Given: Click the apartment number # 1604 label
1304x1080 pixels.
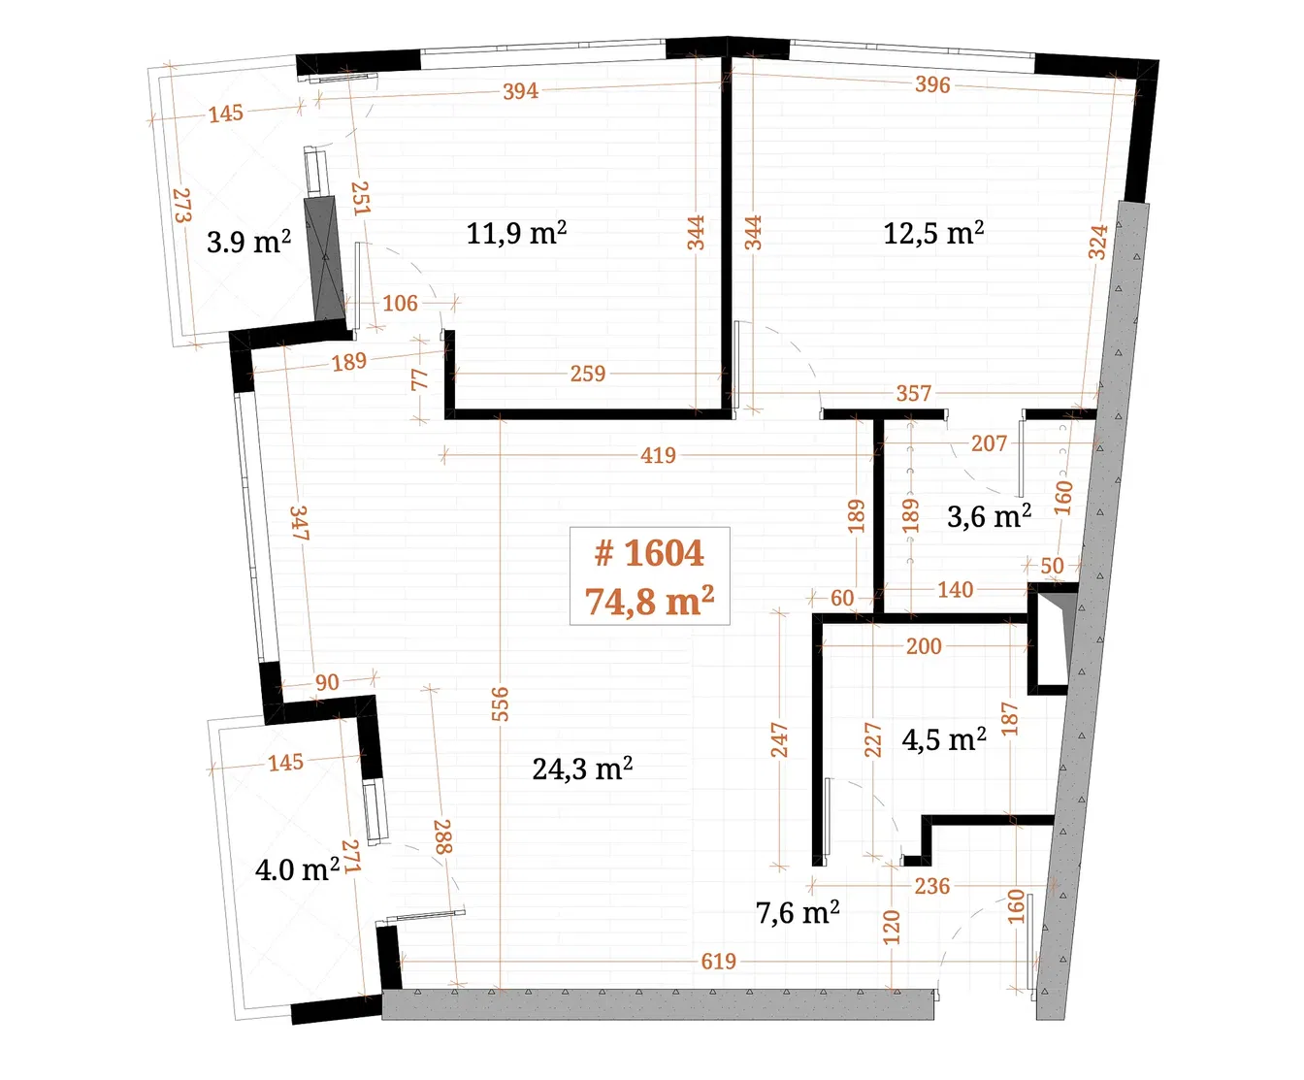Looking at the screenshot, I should tap(649, 553).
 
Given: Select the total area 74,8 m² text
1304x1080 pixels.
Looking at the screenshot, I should tap(649, 602).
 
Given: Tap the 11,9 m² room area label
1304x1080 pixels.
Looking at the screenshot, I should tap(516, 233).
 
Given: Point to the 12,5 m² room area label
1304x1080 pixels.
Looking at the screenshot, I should tap(933, 233).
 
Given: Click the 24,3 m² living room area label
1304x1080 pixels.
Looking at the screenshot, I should tap(582, 769).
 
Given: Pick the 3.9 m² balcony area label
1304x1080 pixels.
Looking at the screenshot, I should tap(248, 242).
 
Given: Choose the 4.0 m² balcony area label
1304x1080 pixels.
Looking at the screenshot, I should tap(297, 868).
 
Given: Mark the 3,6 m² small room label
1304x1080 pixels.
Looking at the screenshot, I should tap(989, 516).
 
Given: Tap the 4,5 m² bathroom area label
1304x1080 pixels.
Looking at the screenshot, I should tap(944, 739).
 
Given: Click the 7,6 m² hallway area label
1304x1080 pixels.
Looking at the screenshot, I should tap(798, 912).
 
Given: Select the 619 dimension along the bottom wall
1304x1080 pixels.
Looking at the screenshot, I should tap(719, 962).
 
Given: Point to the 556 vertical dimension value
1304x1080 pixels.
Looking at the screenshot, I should tap(500, 704).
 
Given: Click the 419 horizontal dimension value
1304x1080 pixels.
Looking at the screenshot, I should tap(658, 455).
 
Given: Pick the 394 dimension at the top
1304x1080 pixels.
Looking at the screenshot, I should tap(520, 91).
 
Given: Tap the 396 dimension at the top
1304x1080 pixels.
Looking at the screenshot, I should tap(932, 84).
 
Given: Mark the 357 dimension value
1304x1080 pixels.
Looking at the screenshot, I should tap(913, 393).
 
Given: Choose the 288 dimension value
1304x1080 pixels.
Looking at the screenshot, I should tap(442, 836).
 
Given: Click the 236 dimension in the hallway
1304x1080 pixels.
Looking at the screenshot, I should tap(931, 886).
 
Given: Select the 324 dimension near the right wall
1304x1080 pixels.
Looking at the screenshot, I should tap(1097, 243).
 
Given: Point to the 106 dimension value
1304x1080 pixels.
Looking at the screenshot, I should tap(400, 304).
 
